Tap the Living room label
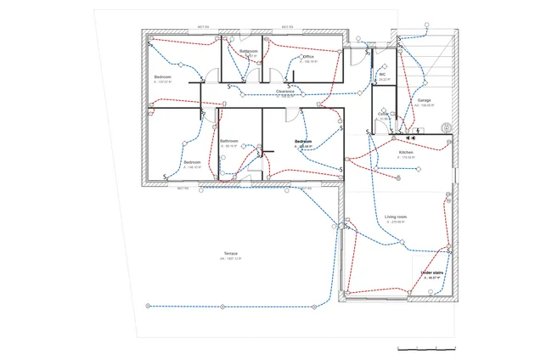[x=397, y=217]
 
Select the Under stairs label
[x=432, y=273]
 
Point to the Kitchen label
[x=405, y=153]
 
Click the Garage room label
[x=425, y=100]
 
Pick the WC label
[x=382, y=75]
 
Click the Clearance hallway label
[x=285, y=91]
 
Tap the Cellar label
[x=383, y=113]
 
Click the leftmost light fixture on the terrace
[x=147, y=304]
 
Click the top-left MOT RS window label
[x=204, y=27]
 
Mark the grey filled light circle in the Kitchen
[x=397, y=179]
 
